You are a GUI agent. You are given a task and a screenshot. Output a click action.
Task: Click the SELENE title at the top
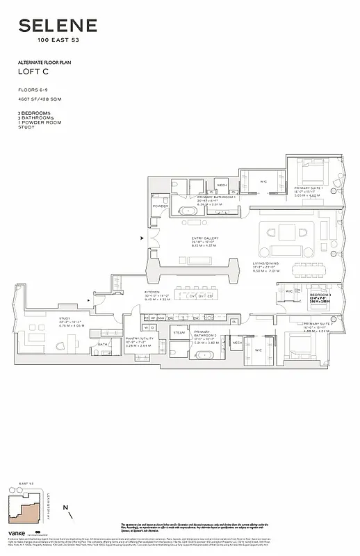click(x=58, y=27)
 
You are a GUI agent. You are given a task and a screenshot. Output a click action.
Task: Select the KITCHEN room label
click(x=152, y=293)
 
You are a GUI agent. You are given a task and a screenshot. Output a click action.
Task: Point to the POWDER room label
click(x=161, y=206)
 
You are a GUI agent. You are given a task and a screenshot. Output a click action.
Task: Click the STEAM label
click(x=179, y=332)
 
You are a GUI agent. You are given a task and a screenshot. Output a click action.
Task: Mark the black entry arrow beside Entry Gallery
click(x=142, y=238)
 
